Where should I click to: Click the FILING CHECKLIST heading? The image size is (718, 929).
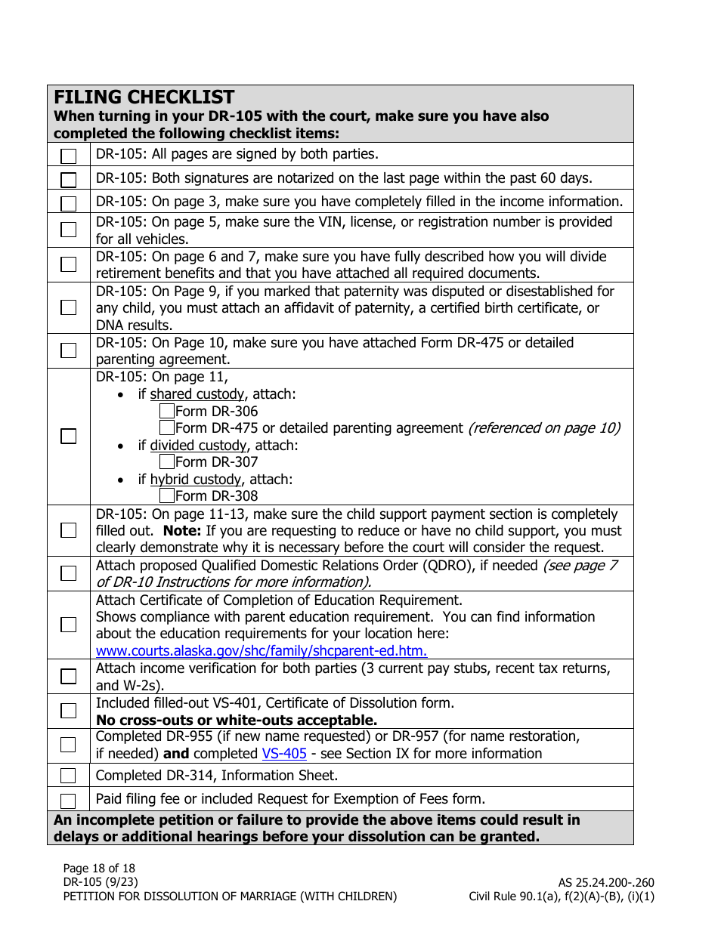[144, 97]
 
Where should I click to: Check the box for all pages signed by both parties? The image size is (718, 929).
[69, 156]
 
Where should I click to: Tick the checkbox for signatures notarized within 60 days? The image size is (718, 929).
[69, 180]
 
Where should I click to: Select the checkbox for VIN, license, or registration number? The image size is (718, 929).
[69, 230]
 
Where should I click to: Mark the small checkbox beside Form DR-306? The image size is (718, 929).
[167, 412]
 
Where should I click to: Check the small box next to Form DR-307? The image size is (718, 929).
[167, 462]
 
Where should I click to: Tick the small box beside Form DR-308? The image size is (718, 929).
[167, 496]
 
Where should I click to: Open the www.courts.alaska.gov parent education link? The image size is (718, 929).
[262, 651]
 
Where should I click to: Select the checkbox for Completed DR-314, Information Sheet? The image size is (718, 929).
[69, 776]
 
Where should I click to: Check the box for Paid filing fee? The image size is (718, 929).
[69, 801]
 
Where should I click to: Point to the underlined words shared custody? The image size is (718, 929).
[197, 394]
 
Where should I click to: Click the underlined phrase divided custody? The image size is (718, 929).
[198, 446]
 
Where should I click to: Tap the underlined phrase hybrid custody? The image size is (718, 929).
[195, 480]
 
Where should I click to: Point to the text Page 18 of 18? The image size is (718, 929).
[99, 869]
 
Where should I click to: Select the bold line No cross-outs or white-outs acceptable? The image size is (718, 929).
[237, 720]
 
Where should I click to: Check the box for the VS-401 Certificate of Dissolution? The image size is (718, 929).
[69, 711]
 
